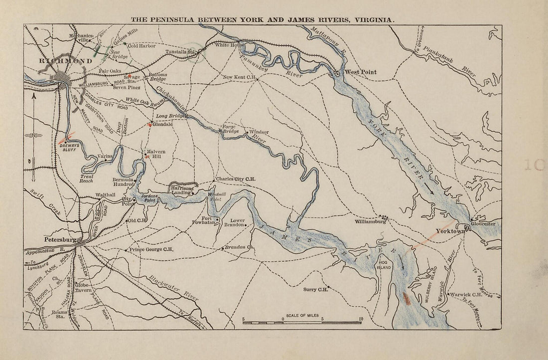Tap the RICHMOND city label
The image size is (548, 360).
[x=65, y=61]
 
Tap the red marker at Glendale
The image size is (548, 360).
[x=149, y=124]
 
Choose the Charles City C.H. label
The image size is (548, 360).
[x=236, y=179]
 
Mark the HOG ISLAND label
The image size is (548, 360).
[x=383, y=264]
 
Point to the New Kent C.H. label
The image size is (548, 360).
[x=239, y=77]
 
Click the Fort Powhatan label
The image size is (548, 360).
[x=205, y=221]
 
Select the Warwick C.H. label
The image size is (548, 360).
[x=466, y=295]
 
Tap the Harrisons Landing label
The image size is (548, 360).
[x=181, y=190]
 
